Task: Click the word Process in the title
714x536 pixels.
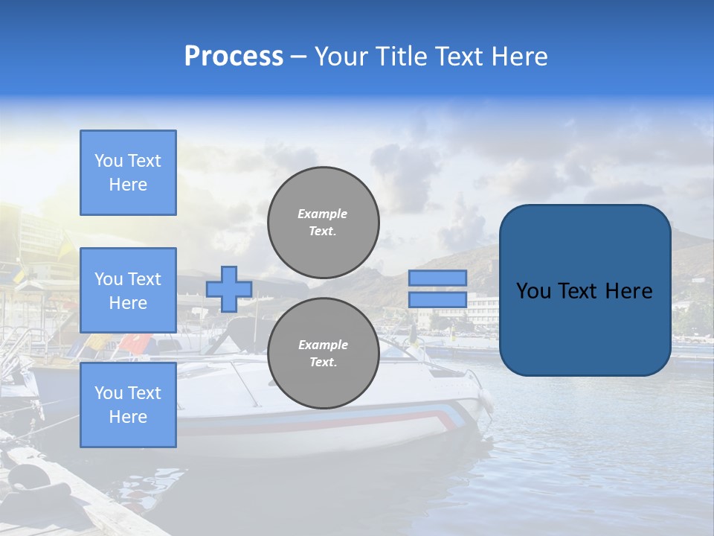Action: click(x=234, y=57)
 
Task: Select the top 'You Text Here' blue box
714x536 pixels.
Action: click(x=128, y=173)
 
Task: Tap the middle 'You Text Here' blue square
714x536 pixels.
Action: click(x=128, y=290)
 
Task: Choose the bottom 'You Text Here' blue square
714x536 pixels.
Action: click(x=128, y=404)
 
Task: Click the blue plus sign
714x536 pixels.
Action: click(x=229, y=289)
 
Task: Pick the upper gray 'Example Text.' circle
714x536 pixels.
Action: click(x=323, y=223)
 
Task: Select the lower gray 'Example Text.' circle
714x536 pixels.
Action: click(x=323, y=354)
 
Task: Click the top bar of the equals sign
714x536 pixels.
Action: click(x=437, y=278)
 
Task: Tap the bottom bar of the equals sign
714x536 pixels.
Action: click(x=437, y=300)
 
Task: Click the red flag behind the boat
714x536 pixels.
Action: click(x=135, y=343)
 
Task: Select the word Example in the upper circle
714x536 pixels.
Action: click(x=323, y=214)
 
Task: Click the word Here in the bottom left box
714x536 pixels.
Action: click(x=128, y=417)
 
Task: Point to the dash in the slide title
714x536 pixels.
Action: click(x=299, y=57)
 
